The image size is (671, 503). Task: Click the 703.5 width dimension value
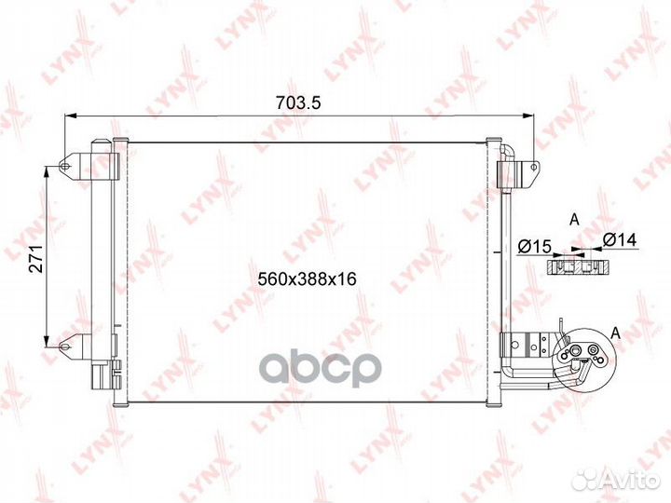point(298,103)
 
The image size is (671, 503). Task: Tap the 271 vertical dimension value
point(37,259)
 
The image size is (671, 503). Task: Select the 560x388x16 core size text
point(307,279)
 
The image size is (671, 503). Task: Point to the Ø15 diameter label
point(534,246)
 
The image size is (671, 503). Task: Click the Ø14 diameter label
point(620,239)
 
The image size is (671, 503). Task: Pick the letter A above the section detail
point(574,220)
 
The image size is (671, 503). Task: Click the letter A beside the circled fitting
point(616,333)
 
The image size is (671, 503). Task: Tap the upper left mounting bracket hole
point(64,166)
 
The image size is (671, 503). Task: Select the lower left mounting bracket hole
point(64,347)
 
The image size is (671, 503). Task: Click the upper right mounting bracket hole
point(533,168)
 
